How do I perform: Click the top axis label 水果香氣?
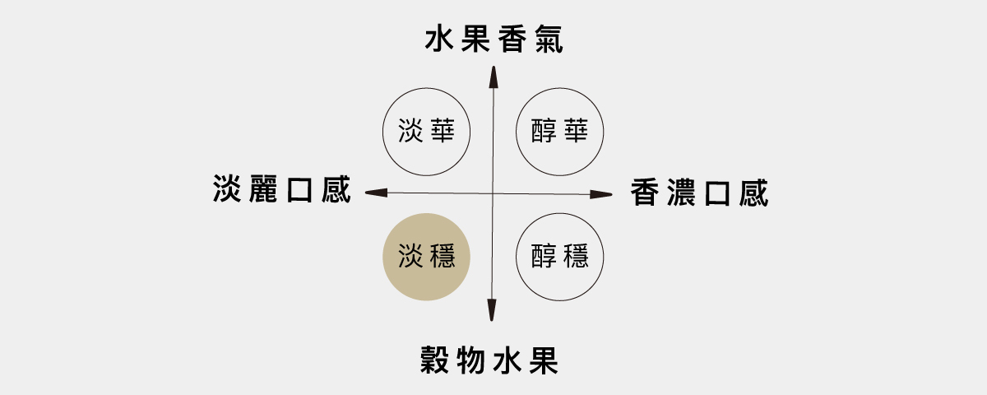(x=493, y=39)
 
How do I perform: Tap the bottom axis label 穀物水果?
(x=490, y=360)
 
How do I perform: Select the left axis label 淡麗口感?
(x=281, y=189)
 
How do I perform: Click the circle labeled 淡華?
(x=427, y=131)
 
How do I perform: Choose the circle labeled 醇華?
(x=559, y=131)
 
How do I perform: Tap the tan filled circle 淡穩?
(x=427, y=257)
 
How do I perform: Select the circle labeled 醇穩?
(x=559, y=257)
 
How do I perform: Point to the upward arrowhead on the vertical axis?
(x=493, y=75)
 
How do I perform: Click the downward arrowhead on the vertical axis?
(x=493, y=311)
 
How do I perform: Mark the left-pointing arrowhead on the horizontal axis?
(x=373, y=192)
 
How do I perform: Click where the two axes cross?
(x=493, y=193)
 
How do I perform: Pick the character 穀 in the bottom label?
(x=435, y=360)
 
